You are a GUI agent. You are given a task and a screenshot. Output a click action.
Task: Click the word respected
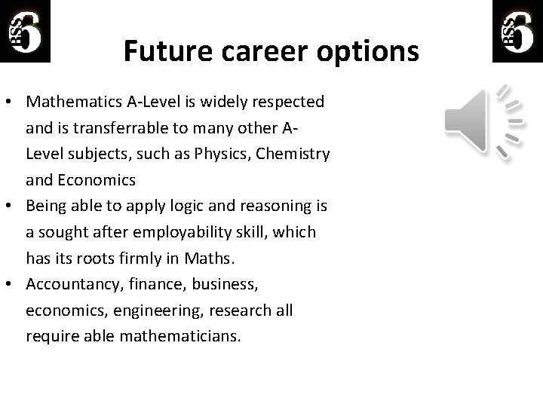pyautogui.click(x=286, y=101)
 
